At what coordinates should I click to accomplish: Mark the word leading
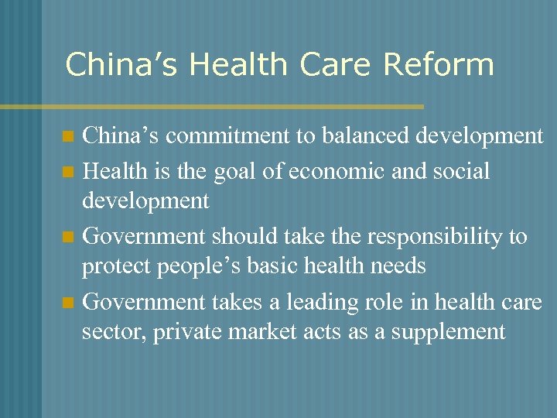point(331,301)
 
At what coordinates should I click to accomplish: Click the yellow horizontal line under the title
point(232,106)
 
